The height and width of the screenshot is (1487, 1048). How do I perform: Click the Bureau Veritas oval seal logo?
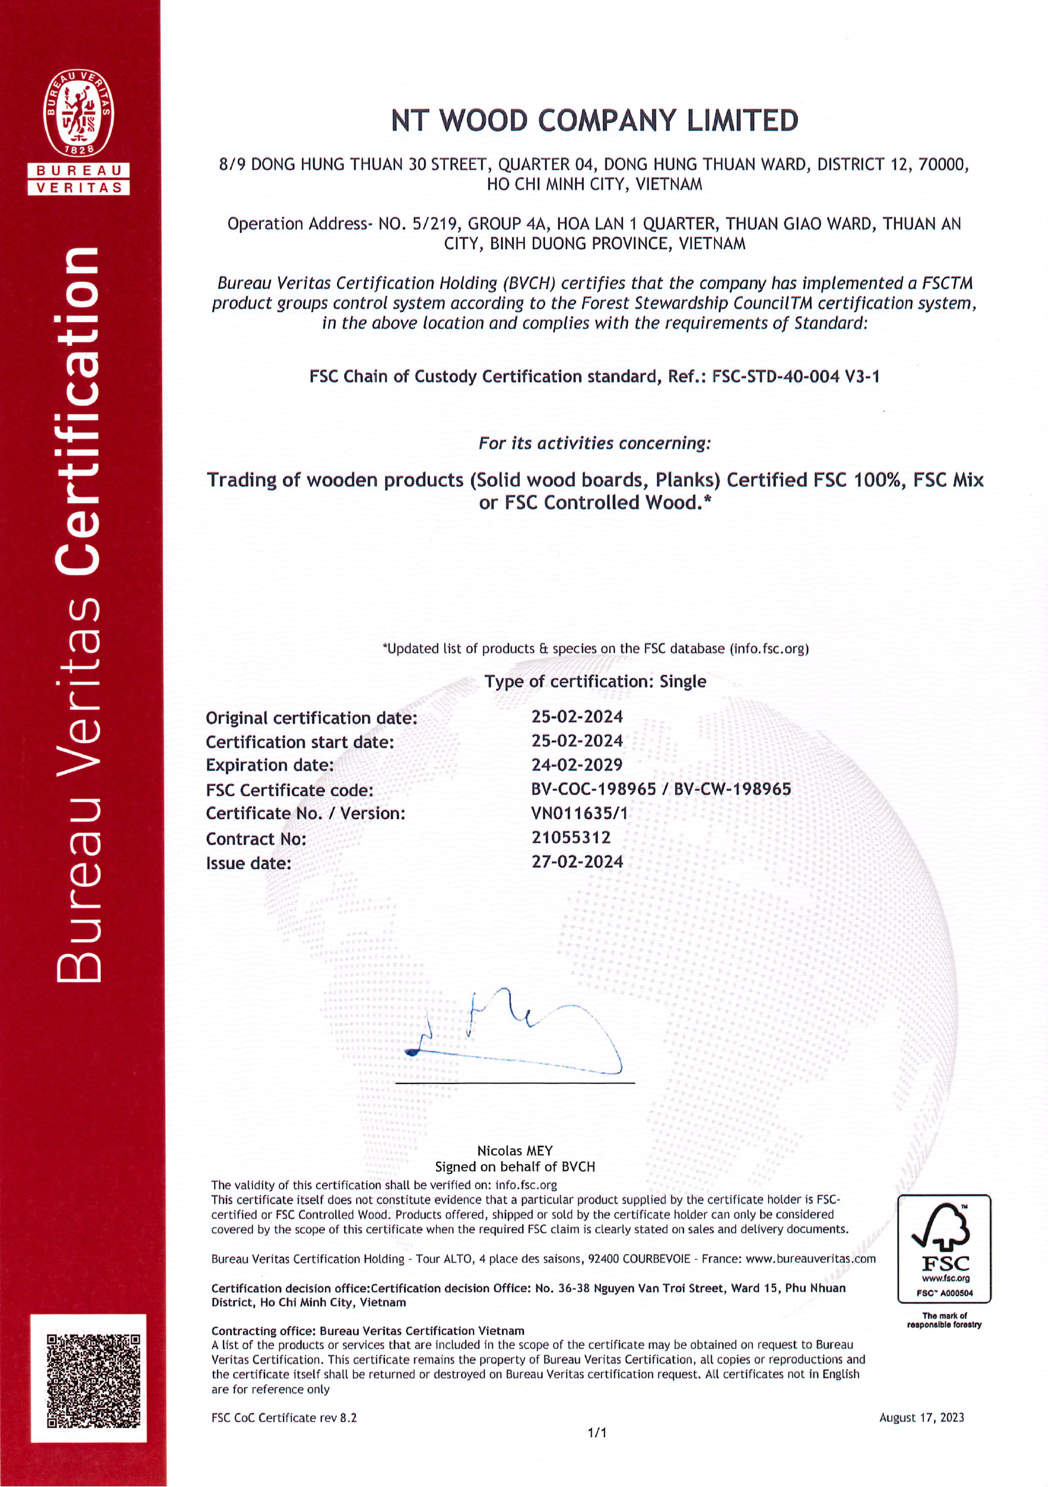(x=79, y=114)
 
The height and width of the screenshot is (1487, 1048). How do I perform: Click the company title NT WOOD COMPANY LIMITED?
(x=595, y=121)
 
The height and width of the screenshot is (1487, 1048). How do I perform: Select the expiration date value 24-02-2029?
(x=577, y=765)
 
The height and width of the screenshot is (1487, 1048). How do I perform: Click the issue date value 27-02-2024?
(x=577, y=862)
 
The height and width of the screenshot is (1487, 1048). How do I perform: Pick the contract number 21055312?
(x=571, y=838)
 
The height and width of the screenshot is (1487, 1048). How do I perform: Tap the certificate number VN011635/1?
(x=579, y=814)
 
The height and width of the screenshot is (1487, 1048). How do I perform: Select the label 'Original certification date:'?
(x=312, y=718)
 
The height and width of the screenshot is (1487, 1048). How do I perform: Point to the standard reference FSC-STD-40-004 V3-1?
(x=796, y=377)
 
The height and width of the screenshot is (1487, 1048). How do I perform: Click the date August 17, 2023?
(x=921, y=1417)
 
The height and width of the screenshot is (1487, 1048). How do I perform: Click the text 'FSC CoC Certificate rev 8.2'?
(x=284, y=1417)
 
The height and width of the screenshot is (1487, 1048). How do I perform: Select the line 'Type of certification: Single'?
(x=595, y=681)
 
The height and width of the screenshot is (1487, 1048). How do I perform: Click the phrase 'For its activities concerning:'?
(x=594, y=444)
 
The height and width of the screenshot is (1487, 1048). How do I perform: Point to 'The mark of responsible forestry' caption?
(x=944, y=1320)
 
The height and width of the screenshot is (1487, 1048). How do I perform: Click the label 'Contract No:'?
(x=256, y=839)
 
